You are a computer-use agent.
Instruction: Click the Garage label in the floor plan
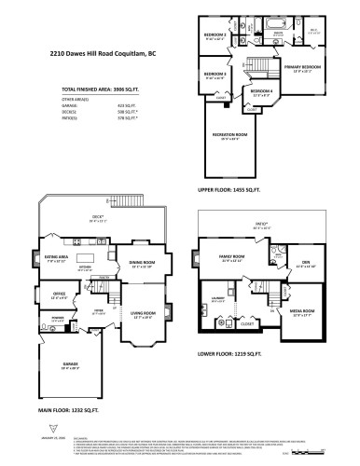[73, 366]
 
